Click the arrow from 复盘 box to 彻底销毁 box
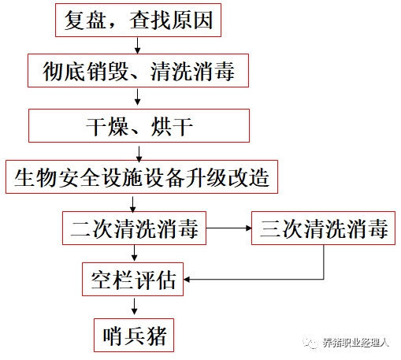coord(137,46)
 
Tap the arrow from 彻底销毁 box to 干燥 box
coord(137,97)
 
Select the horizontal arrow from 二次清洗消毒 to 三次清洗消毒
coord(229,228)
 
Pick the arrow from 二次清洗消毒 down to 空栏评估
coord(134,253)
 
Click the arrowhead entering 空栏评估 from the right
coord(187,280)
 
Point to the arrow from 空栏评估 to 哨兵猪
coord(134,306)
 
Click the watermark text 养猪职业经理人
coord(355,343)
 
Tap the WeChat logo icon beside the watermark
coord(310,343)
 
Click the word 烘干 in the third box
coord(172,127)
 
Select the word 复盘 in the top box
coord(85,20)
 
